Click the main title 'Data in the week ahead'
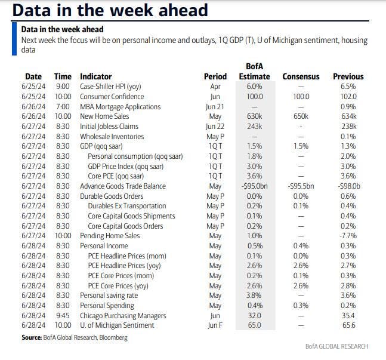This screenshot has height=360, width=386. tap(110, 10)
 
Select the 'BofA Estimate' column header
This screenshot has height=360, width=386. tap(254, 71)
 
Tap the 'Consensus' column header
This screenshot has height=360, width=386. tap(301, 76)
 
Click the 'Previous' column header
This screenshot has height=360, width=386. tap(348, 76)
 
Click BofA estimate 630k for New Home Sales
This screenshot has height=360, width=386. tap(254, 116)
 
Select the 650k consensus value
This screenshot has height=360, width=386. tap(301, 116)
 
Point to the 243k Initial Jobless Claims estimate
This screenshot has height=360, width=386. tap(254, 127)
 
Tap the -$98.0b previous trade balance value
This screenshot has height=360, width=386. tap(350, 186)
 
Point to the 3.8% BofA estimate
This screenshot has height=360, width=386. tap(254, 296)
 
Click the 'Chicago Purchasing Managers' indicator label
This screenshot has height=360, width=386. tap(123, 315)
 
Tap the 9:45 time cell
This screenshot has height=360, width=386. tap(63, 315)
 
